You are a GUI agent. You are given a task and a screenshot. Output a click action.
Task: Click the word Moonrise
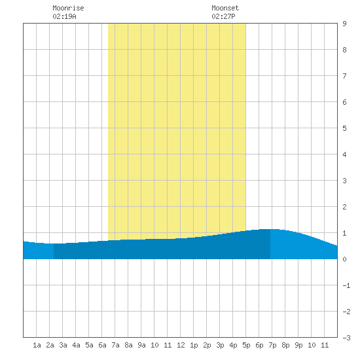coord(68,8)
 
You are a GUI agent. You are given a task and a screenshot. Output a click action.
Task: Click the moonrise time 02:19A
coord(64,16)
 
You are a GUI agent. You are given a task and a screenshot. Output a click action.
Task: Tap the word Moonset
coord(225,8)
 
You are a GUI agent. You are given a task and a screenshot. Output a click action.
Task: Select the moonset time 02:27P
coord(223,16)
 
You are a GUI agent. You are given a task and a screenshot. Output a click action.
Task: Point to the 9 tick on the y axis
coord(344,24)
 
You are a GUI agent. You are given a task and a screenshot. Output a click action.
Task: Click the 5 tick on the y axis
coord(344,128)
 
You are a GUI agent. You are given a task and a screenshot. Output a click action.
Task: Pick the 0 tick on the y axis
coord(344,259)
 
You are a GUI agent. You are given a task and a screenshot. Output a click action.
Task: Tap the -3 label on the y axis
coord(346,338)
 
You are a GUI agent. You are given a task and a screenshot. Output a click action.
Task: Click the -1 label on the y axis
coord(346,285)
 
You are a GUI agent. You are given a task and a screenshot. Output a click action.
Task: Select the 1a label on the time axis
coord(37,345)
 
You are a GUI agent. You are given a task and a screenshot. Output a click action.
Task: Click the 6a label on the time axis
coord(102,345)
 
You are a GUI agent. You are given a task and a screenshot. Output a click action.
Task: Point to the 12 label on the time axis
coord(181,345)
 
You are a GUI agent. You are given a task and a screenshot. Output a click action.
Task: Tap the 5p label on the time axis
coord(246,345)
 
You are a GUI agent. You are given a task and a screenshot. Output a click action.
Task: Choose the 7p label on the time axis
coord(272,345)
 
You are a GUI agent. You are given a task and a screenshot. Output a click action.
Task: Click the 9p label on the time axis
coord(298,345)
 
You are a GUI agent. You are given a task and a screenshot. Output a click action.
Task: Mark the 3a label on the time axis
coord(63,345)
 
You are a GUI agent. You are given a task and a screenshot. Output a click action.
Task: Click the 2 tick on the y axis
coord(344,207)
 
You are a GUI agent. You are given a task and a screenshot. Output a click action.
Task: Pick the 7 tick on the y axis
coord(344,76)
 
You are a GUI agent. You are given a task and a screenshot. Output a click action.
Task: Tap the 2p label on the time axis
coord(207,345)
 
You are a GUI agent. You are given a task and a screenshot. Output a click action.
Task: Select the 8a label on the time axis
coord(128,345)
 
